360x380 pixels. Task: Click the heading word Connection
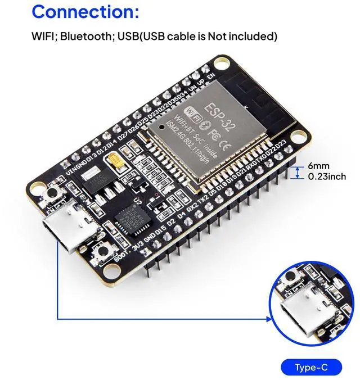click(84, 12)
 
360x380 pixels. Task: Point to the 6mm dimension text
click(318, 166)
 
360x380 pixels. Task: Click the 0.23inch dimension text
click(326, 177)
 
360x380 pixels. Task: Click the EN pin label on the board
click(211, 76)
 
